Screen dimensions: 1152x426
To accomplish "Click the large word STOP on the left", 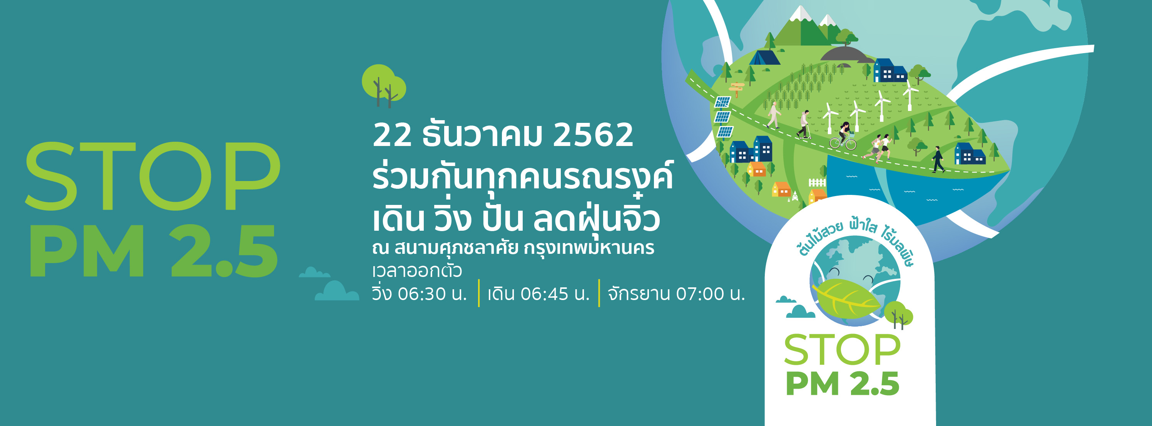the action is click(x=152, y=176).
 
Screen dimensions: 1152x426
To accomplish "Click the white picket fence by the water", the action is click(x=817, y=183).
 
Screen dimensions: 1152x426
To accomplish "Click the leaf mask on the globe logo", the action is click(x=845, y=298).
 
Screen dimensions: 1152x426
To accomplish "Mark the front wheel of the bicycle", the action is click(x=851, y=144).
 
